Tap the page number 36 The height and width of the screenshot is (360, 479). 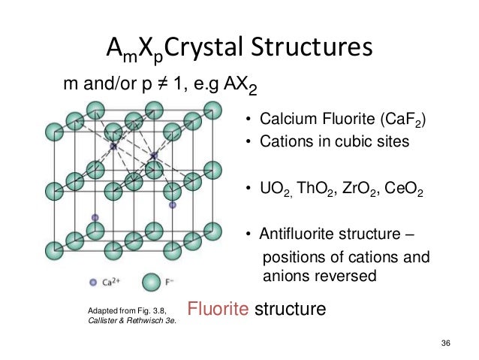447,342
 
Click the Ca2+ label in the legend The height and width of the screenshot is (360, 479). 117,283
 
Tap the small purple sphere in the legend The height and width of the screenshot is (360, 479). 94,283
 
